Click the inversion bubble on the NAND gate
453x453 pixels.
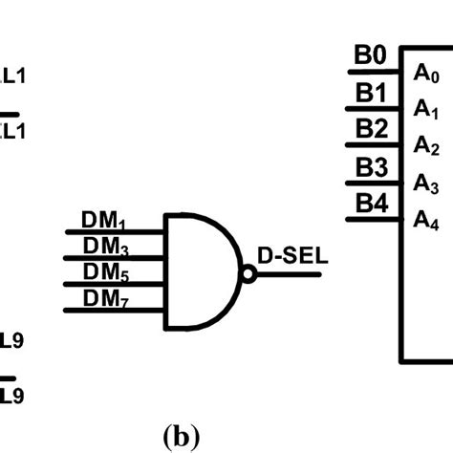coord(248,274)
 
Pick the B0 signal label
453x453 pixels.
coord(371,55)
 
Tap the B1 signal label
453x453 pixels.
coord(371,93)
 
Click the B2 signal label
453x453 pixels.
coord(371,129)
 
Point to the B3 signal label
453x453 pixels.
coord(371,166)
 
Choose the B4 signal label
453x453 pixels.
coord(371,203)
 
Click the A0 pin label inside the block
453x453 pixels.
coord(426,73)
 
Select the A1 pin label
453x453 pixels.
coord(426,110)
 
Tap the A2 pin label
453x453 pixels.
coord(426,146)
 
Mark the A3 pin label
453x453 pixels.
coord(426,183)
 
